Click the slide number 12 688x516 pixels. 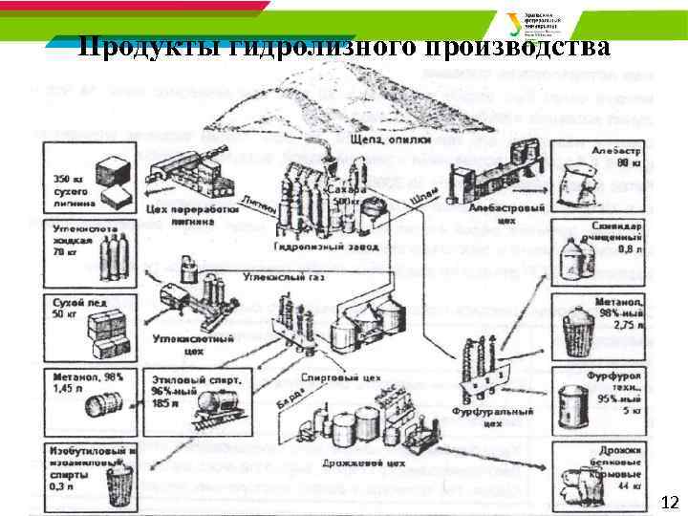[x=670, y=503]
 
